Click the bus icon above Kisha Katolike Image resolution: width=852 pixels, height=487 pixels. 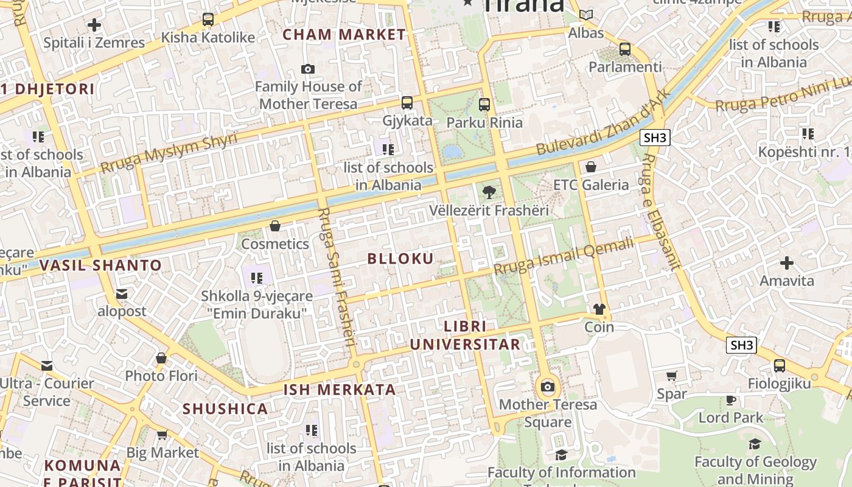click(208, 19)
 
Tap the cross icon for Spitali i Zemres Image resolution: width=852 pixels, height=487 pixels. click(94, 25)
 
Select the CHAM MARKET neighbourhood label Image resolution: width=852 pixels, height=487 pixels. click(344, 35)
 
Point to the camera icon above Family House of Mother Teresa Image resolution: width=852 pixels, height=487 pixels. click(308, 69)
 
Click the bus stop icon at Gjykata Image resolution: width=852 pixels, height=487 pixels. click(407, 103)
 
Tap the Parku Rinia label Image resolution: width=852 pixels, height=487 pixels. click(484, 122)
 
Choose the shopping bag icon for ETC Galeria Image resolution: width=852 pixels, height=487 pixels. click(590, 167)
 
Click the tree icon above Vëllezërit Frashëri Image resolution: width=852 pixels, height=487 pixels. click(488, 193)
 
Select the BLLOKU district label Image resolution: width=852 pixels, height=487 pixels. click(400, 259)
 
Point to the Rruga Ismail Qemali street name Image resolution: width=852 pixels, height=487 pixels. click(564, 257)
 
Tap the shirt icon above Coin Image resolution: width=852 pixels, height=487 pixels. click(599, 309)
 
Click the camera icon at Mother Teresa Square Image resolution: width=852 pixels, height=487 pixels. click(548, 387)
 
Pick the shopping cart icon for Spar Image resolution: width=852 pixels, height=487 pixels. click(672, 376)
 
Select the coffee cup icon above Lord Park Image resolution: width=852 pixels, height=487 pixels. click(731, 400)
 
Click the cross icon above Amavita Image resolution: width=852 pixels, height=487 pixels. click(787, 263)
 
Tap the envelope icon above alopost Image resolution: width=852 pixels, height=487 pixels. click(122, 294)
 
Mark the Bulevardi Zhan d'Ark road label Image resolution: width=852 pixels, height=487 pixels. click(602, 123)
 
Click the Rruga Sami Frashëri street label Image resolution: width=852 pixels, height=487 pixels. click(336, 277)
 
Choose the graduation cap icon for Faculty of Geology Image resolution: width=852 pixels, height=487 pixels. click(755, 444)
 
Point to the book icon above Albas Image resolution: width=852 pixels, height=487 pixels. click(586, 15)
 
